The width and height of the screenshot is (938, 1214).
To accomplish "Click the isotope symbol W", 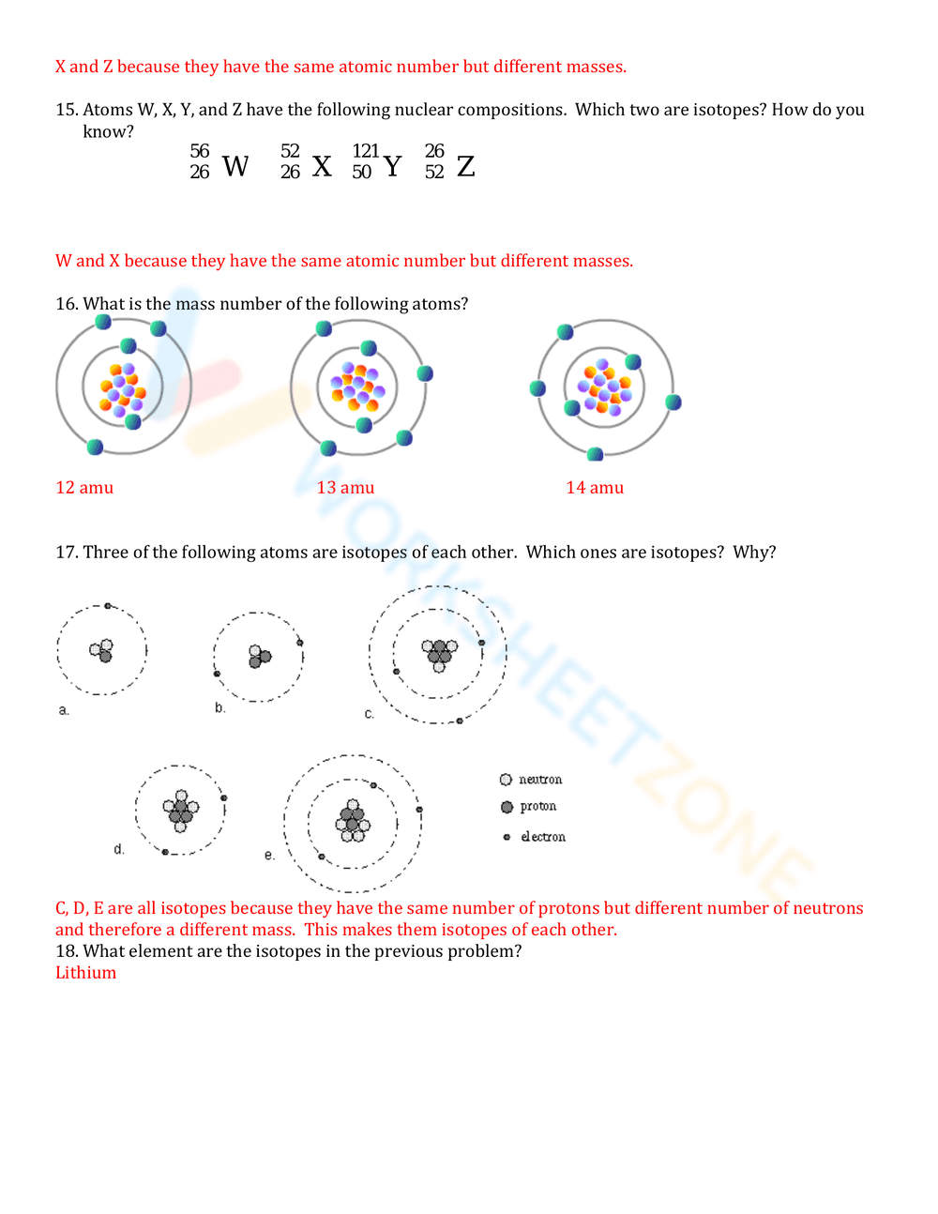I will coord(234,166).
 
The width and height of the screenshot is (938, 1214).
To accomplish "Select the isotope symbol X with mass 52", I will coord(321,166).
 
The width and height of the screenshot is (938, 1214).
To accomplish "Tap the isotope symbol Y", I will coord(392,166).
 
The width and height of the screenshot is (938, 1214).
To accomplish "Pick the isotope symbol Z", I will coord(465,166).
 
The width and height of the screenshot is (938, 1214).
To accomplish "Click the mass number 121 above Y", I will coord(365,151).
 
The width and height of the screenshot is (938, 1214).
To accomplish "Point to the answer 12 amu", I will coord(84,488).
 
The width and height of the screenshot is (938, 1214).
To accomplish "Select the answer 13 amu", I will coord(345,488).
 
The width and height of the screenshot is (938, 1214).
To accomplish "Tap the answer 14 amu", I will coord(595,488).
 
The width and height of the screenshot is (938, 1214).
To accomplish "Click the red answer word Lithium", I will coord(85,973).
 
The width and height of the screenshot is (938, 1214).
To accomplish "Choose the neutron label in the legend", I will coord(540,780).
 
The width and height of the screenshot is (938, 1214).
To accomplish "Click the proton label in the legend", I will coord(538,807).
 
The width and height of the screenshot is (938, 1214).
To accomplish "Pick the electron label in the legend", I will coord(543,837).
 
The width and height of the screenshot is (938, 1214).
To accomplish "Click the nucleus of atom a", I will coord(102,650).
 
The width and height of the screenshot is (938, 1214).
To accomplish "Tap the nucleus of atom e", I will coord(353,822).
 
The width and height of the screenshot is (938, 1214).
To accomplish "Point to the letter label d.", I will coord(119,849).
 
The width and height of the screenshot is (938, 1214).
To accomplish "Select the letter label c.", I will coord(370,714).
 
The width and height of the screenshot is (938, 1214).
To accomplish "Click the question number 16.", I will coord(66,304).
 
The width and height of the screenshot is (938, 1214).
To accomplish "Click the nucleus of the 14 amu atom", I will coord(605,387).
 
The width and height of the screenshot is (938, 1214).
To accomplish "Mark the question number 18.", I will coord(66,951).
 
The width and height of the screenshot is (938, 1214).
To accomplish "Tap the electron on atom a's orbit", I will coord(108,606).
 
